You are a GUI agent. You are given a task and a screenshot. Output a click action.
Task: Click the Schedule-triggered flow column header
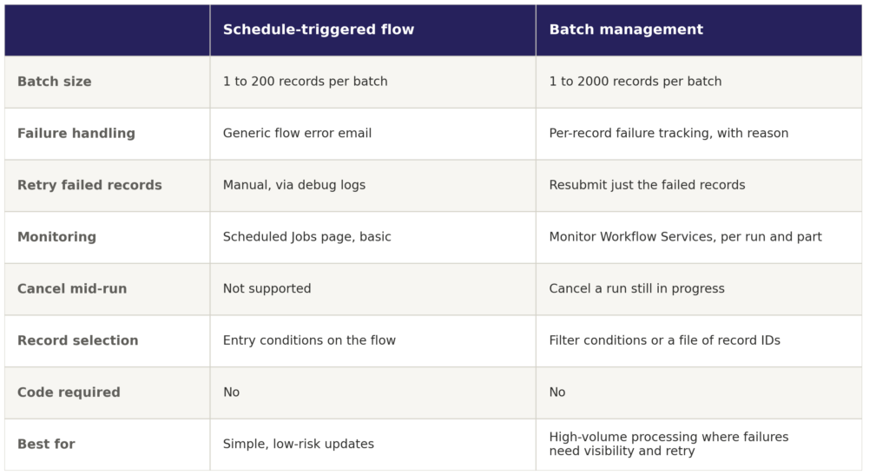318,30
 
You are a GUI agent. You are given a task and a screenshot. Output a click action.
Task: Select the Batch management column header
626,30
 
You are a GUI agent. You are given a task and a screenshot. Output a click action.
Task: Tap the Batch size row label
55,82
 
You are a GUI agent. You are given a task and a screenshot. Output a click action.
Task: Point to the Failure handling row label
76,133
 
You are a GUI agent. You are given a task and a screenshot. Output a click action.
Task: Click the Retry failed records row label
89,185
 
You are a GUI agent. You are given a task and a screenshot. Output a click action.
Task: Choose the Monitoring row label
56,237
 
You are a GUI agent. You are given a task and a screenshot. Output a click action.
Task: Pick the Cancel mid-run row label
72,288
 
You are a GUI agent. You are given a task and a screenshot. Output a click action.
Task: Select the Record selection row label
77,340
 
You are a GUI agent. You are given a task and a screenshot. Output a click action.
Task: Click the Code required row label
69,393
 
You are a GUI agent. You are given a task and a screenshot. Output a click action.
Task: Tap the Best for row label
46,444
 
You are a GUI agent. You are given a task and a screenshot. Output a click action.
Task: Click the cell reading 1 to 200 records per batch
305,82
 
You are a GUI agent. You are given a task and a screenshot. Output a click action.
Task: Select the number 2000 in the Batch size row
594,82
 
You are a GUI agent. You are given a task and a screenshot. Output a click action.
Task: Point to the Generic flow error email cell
297,133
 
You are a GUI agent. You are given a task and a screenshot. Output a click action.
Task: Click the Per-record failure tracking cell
668,133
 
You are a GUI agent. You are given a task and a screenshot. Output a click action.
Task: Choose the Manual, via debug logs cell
294,185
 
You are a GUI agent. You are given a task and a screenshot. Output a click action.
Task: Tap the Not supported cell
267,288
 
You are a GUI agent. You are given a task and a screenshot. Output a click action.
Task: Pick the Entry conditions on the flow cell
309,340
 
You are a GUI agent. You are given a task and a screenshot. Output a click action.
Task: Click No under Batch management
557,393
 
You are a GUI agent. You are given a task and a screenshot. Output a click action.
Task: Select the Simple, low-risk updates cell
299,444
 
